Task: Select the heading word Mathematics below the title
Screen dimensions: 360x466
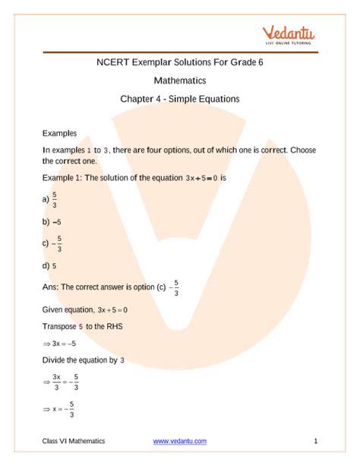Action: click(179, 81)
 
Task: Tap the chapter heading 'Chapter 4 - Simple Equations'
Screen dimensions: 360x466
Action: click(179, 99)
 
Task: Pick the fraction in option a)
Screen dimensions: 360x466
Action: click(56, 199)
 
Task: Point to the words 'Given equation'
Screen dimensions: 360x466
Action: click(68, 309)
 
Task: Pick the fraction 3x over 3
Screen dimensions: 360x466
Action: click(57, 382)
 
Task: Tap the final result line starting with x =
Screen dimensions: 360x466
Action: click(62, 410)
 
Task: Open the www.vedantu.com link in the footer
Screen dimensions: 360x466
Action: click(179, 441)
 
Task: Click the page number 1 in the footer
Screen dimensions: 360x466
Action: click(314, 441)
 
